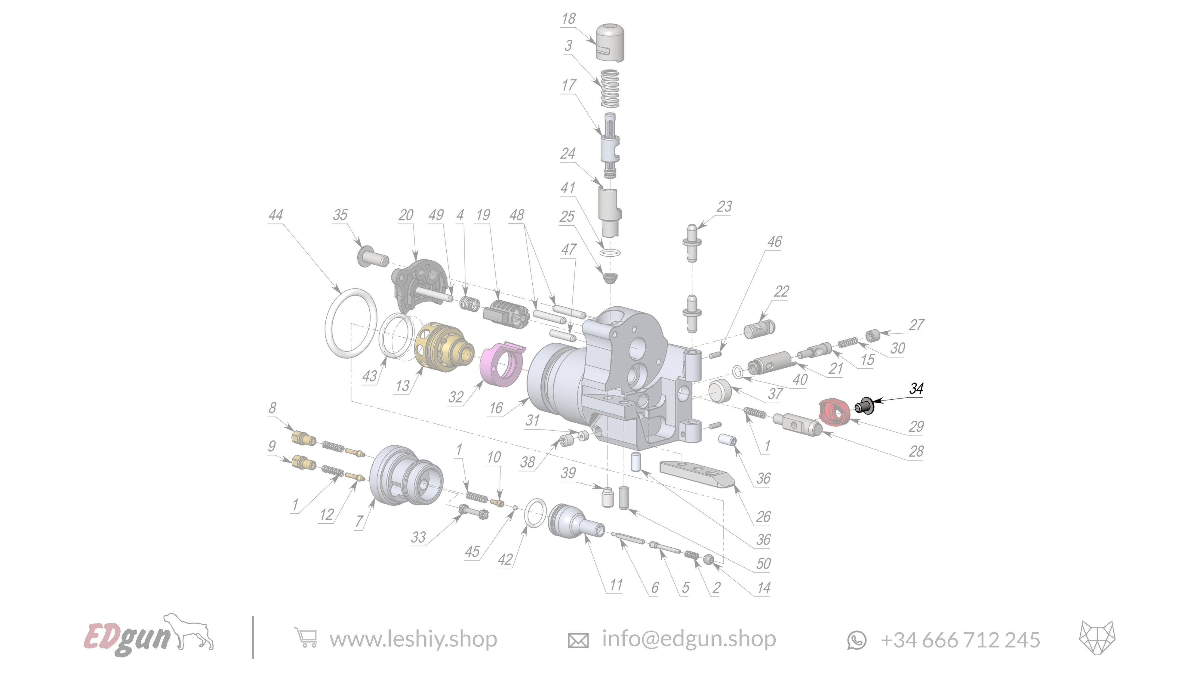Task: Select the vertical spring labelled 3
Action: point(610,88)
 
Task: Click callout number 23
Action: point(724,206)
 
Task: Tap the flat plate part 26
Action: point(696,473)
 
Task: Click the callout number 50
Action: point(763,564)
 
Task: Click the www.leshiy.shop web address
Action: point(413,639)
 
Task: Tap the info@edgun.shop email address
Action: point(688,639)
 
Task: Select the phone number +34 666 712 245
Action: point(960,640)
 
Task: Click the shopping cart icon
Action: point(306,638)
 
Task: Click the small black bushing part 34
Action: point(864,406)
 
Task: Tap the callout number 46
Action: point(774,242)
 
